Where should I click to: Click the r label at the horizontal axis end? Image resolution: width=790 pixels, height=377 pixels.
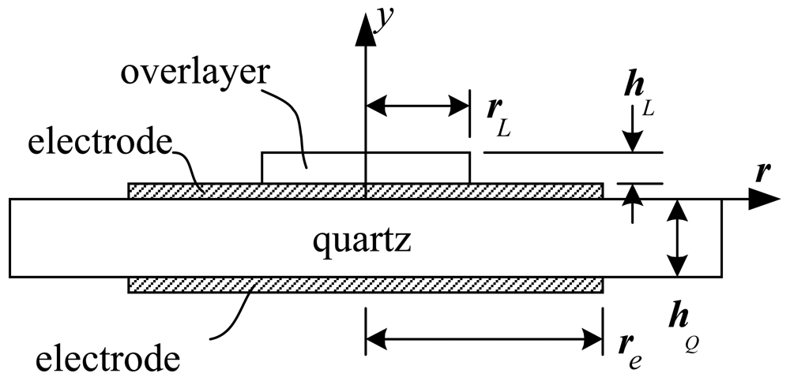click(762, 174)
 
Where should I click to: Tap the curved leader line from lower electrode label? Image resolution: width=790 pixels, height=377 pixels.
click(229, 312)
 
